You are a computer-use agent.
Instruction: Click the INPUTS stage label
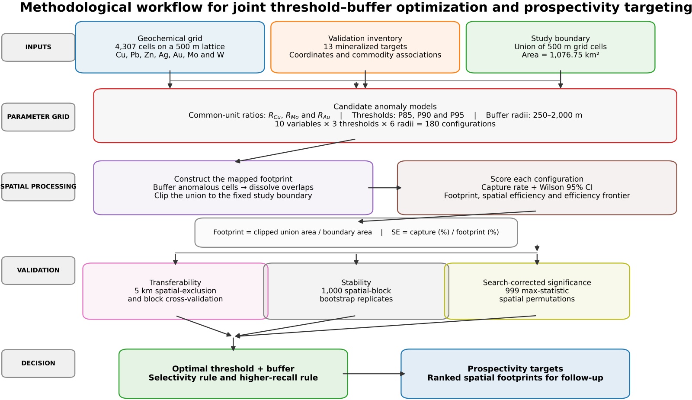coord(38,47)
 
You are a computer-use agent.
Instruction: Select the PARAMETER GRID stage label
coord(38,117)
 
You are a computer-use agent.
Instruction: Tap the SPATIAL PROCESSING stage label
coord(38,187)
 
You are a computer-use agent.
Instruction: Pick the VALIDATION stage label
coord(38,270)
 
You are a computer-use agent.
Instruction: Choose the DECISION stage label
coord(38,363)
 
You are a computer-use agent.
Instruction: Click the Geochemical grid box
coord(170,47)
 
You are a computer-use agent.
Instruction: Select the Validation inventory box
coord(365,47)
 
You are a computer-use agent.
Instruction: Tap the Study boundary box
coord(561,47)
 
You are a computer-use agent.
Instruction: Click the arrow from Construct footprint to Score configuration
coord(384,188)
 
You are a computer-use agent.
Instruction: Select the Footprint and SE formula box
coord(356,233)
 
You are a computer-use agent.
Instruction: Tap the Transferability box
coord(175,291)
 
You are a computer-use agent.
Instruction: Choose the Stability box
coord(356,291)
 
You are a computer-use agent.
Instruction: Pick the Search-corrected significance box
coord(537,291)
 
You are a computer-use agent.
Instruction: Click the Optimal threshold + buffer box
coord(233,374)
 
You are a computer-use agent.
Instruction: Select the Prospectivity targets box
coord(515,374)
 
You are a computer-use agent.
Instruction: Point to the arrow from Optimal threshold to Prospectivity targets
coord(374,374)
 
